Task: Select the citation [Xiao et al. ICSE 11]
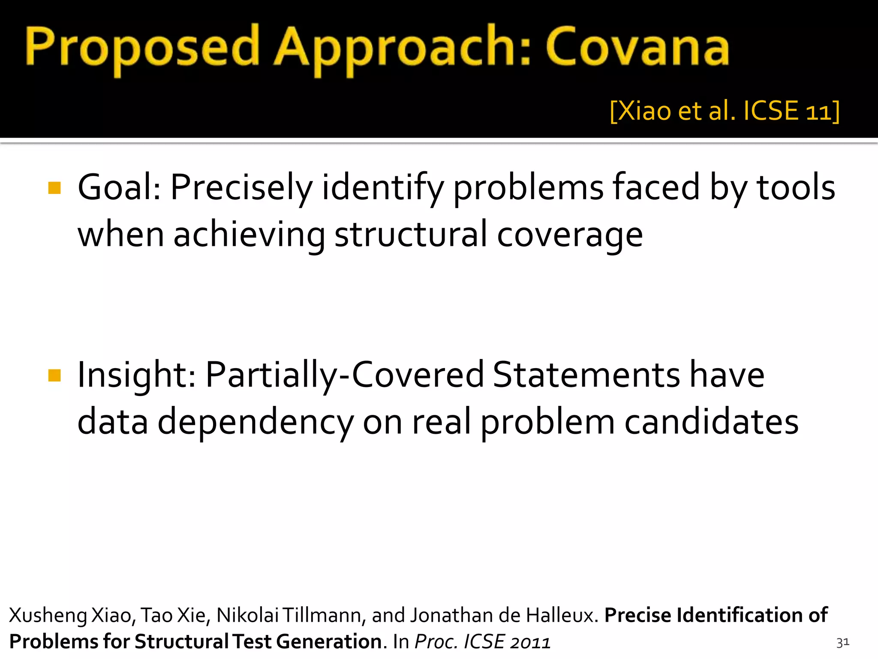724,111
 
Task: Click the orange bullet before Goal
54,188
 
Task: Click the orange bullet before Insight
54,375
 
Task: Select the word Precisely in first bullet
242,188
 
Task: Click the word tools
796,187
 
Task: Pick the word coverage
570,235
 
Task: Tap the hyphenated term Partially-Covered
344,375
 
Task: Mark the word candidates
711,421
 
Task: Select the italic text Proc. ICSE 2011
482,642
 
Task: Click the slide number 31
842,642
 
